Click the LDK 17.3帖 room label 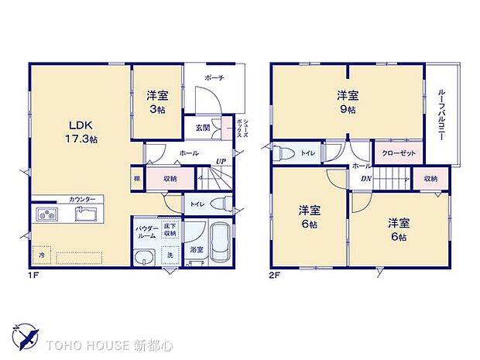(x=81, y=132)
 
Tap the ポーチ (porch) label (x=214, y=78)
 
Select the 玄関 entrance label (x=201, y=128)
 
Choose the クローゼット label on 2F (x=399, y=153)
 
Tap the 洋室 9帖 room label (x=347, y=101)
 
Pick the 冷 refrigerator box (x=41, y=254)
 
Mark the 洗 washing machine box (x=170, y=255)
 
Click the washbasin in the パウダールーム (x=144, y=258)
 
